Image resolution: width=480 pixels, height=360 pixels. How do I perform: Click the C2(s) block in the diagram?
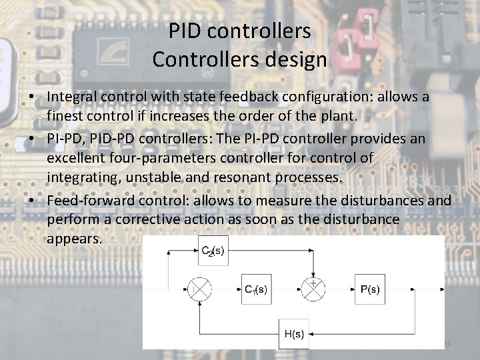214,251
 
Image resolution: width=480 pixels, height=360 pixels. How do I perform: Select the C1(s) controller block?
255,290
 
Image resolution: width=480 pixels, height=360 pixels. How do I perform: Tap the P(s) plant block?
370,290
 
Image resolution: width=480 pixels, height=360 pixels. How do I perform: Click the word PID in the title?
185,31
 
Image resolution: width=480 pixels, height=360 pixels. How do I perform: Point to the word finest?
67,115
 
